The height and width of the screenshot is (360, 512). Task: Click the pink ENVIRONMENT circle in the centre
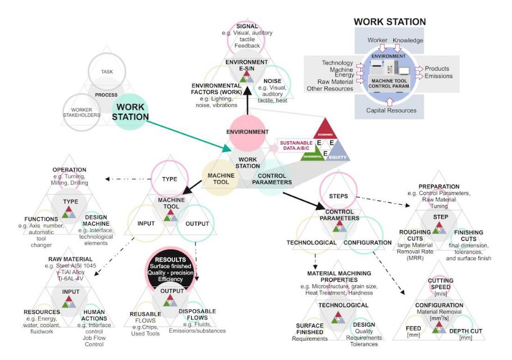248,132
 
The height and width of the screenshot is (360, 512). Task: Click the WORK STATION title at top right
389,22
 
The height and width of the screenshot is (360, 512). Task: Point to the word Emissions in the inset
439,76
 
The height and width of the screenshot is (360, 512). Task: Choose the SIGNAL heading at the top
247,26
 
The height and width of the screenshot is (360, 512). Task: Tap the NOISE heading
272,80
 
